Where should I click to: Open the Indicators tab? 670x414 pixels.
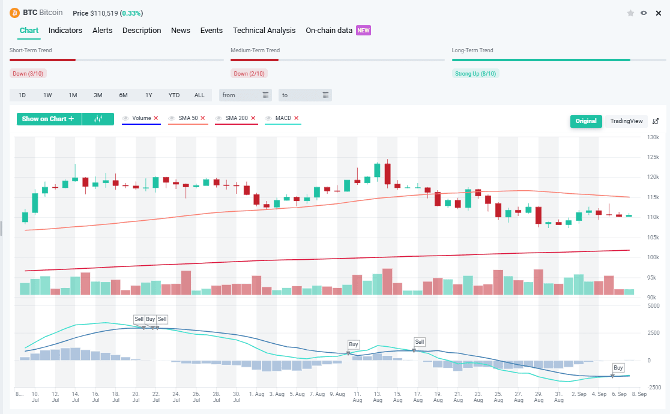65,31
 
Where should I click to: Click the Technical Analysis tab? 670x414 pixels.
264,31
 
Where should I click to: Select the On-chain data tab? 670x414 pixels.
329,31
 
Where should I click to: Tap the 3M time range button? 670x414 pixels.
98,95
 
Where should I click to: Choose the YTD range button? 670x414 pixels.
174,95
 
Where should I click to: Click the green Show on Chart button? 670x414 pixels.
49,119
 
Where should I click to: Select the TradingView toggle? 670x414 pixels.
626,121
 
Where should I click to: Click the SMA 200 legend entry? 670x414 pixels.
236,118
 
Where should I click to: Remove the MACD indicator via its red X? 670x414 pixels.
296,118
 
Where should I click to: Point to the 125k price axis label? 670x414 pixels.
653,157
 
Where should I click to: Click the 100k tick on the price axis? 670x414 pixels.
653,257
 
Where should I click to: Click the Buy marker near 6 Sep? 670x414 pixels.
618,368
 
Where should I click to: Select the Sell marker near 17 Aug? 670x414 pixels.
420,342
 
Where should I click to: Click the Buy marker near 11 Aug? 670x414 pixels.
354,344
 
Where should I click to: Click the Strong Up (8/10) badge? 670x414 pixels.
475,74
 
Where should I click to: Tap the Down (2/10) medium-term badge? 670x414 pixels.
249,74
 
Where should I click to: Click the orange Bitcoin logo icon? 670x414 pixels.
14,13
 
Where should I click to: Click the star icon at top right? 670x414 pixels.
630,13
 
